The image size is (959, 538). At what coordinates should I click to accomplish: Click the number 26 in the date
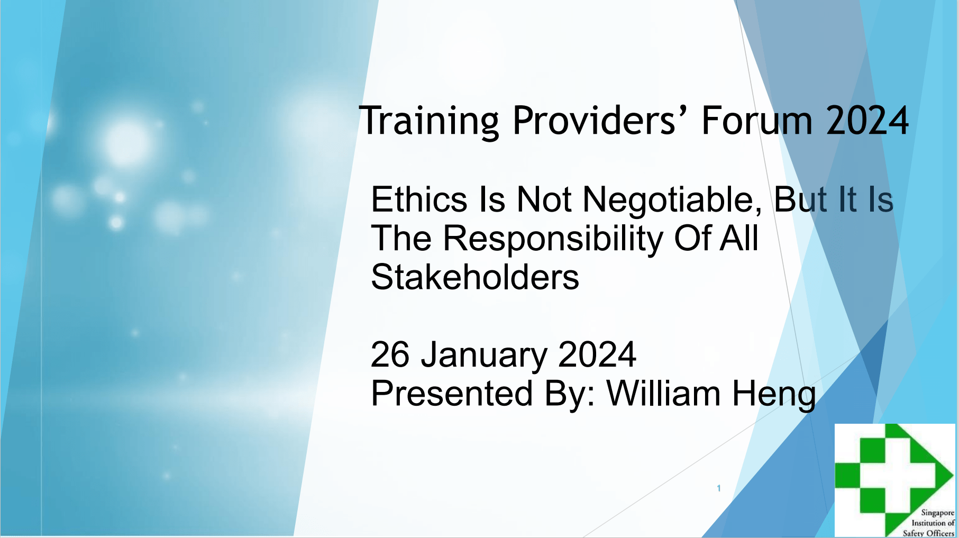pos(390,354)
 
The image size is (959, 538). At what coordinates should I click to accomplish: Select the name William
pos(663,393)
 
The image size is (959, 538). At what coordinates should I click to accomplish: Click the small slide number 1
pos(719,488)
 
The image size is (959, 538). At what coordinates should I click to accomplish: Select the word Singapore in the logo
pos(938,513)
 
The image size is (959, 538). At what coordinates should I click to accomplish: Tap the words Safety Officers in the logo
pos(928,533)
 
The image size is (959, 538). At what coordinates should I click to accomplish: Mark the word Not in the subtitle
pos(544,199)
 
